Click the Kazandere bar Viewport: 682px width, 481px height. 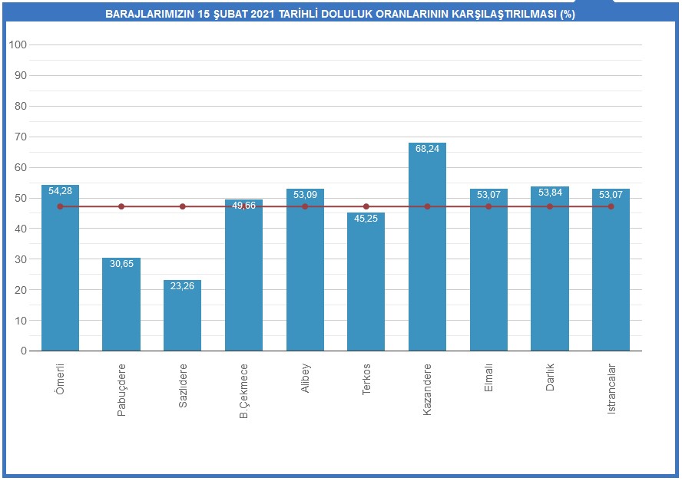pos(427,253)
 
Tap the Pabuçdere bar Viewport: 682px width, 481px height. pos(121,307)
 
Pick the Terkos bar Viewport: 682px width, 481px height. pos(366,284)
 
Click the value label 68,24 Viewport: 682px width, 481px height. pos(427,149)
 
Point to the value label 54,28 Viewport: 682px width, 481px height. pos(60,191)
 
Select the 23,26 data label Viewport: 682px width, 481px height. pos(182,286)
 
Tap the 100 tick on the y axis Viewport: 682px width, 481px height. pos(18,45)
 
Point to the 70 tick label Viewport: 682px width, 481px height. pos(21,137)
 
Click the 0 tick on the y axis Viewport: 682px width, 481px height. pos(24,351)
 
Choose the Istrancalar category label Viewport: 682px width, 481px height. pos(611,389)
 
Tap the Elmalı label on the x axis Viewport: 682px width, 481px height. pos(489,378)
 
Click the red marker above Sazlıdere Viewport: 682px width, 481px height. pos(182,206)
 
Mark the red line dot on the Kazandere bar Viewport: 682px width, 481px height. pos(427,206)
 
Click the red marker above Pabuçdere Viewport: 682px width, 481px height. pos(121,206)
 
